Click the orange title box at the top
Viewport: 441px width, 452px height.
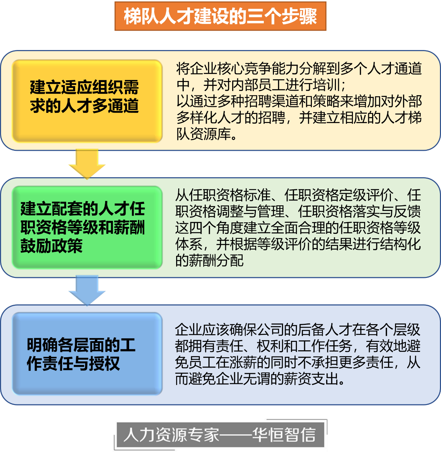[220, 16]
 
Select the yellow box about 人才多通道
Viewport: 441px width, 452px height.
[87, 101]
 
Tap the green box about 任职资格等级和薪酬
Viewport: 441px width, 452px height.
[87, 227]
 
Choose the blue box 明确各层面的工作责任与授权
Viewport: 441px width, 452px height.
[87, 354]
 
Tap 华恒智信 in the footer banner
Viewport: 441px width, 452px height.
[284, 434]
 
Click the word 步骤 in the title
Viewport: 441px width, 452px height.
[299, 16]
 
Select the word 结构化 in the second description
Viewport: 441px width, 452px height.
[400, 244]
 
